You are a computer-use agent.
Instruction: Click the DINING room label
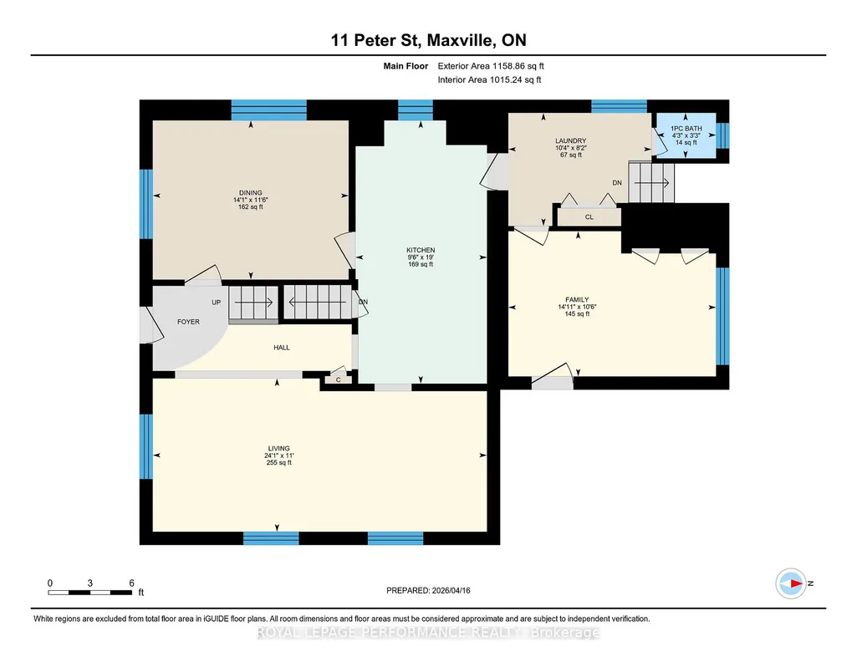point(250,193)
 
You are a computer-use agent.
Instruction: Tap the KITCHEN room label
point(421,250)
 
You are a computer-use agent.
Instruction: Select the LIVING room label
point(278,448)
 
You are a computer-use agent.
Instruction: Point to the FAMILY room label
point(577,299)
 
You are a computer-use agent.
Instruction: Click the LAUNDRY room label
point(570,141)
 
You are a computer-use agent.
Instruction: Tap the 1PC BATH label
point(686,129)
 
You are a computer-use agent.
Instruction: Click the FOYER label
point(189,322)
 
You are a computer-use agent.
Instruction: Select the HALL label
point(282,348)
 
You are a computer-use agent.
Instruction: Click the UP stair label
point(217,302)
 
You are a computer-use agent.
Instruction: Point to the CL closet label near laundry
point(589,216)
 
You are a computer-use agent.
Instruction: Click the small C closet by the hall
point(339,379)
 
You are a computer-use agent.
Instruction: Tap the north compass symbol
point(791,583)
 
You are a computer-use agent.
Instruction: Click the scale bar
point(90,592)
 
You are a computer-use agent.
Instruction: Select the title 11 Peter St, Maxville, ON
point(428,40)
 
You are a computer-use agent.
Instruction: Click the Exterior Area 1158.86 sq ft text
point(491,66)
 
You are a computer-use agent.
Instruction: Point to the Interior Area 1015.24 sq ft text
point(490,79)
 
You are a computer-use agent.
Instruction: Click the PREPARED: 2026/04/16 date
point(428,590)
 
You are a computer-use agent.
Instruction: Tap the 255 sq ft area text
point(278,462)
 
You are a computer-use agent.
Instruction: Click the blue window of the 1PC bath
point(722,135)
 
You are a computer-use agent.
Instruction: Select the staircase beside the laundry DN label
point(651,182)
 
